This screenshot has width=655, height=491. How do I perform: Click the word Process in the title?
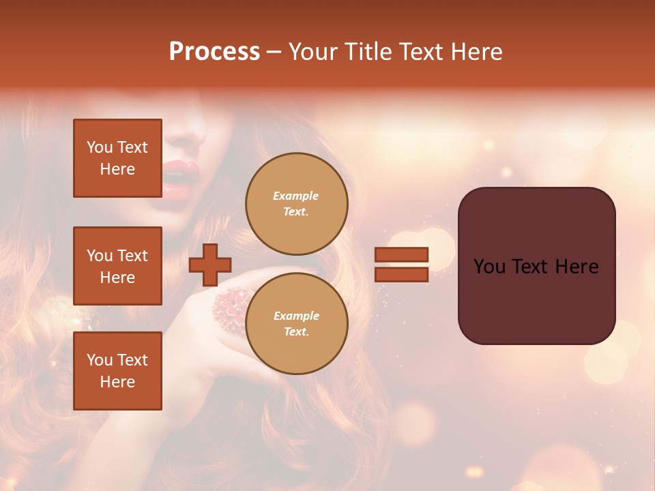point(214,52)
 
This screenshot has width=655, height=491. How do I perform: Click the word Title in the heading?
point(368,52)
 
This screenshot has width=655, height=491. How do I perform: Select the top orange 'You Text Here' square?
point(117,158)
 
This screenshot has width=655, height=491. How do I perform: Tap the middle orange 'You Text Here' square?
point(117,266)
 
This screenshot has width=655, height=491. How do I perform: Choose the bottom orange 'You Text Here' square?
point(117,371)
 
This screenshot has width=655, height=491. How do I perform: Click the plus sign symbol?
point(210,265)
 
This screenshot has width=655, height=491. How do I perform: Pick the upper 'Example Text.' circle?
point(296,203)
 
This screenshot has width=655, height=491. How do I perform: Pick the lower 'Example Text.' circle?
point(296,323)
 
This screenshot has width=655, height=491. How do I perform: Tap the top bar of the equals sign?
point(401,254)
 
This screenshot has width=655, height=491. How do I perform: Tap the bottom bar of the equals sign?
point(401,274)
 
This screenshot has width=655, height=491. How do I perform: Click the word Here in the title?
point(478,52)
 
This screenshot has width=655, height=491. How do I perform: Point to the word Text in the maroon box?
point(535,267)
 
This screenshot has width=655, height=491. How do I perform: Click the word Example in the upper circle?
point(295,196)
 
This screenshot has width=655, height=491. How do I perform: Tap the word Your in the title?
point(311,52)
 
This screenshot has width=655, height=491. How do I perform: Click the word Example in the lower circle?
point(296,316)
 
